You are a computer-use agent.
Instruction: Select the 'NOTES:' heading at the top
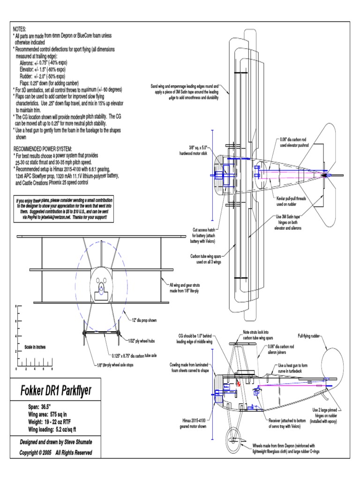point(20,29)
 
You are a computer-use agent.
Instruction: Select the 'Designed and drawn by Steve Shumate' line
point(55,442)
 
